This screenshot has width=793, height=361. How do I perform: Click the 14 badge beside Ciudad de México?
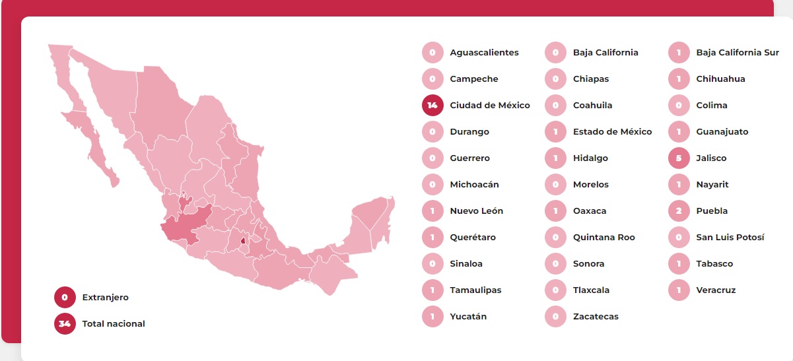432,106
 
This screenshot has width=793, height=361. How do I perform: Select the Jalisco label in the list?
711,158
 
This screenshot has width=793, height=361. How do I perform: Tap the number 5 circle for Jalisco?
679,158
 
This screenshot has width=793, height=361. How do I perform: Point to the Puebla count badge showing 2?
679,211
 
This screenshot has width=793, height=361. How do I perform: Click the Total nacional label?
113,324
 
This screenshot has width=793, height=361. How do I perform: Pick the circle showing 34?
65,324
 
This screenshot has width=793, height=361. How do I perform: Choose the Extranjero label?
105,298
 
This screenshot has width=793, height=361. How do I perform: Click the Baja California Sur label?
737,53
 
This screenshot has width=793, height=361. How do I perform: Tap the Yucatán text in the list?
468,317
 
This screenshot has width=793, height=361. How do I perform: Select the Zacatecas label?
596,317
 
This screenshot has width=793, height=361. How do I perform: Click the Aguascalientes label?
484,53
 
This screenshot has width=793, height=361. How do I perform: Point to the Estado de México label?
612,132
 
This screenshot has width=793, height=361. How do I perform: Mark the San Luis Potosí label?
730,238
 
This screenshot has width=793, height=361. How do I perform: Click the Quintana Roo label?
603,238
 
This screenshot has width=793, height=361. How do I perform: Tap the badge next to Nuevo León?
432,211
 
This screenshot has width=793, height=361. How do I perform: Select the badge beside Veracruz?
679,290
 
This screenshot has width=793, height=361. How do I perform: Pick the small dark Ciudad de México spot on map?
243,241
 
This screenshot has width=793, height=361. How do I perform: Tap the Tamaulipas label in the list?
475,290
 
